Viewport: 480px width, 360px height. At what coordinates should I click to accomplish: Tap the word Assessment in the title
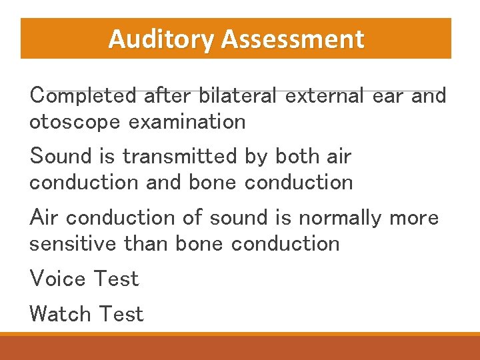pos(293,39)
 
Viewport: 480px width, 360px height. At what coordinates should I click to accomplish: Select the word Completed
pos(84,96)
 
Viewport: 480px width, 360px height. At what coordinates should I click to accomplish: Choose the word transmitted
pos(179,157)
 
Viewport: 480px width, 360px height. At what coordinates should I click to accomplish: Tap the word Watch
pos(60,314)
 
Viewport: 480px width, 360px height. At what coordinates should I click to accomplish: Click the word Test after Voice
pos(117,279)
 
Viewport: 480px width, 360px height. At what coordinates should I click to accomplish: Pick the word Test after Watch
pos(121,314)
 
